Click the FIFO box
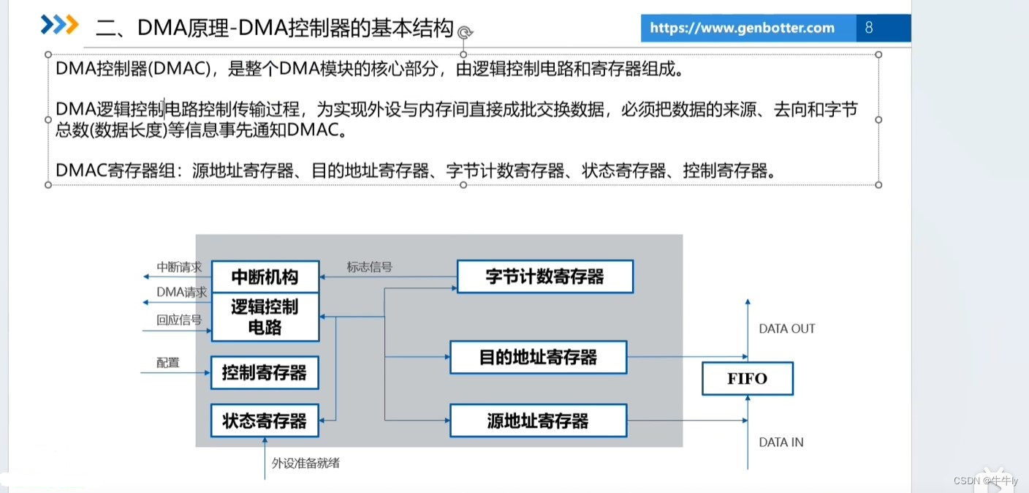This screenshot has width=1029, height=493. click(747, 379)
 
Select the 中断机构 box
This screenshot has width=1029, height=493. click(265, 277)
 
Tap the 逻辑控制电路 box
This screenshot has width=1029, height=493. click(265, 316)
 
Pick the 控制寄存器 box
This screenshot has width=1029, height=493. click(265, 373)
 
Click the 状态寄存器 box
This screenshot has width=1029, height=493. click(265, 421)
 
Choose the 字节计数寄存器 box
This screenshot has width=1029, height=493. click(544, 276)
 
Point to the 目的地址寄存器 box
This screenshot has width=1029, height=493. click(538, 358)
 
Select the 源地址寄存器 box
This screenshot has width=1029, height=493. click(538, 421)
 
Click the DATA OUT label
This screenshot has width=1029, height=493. click(786, 329)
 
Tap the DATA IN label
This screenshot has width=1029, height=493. click(781, 442)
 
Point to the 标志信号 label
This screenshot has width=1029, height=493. click(369, 267)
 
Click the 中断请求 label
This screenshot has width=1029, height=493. click(179, 267)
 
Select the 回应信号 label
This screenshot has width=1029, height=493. click(179, 320)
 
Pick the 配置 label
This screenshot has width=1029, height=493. click(167, 362)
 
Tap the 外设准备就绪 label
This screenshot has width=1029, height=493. click(305, 462)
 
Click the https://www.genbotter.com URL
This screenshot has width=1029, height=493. click(741, 28)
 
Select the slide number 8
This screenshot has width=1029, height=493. click(869, 28)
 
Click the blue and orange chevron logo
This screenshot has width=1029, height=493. click(59, 24)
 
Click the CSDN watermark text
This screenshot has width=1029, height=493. click(985, 480)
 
